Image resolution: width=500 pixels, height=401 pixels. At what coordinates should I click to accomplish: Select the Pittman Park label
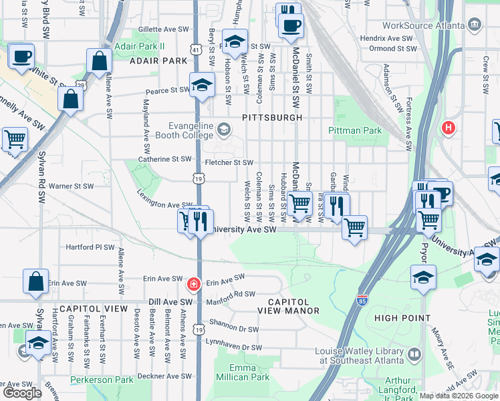click(355, 131)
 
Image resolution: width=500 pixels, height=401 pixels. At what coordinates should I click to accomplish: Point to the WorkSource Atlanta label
click(424, 25)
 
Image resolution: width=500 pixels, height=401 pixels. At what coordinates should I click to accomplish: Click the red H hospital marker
click(449, 127)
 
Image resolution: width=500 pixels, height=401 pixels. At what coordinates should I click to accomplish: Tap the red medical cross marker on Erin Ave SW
click(194, 284)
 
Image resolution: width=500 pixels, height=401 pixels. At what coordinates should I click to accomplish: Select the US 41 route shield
click(195, 49)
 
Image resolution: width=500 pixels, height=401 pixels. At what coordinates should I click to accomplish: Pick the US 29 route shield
click(80, 85)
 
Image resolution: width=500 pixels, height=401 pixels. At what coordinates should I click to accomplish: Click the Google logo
click(22, 393)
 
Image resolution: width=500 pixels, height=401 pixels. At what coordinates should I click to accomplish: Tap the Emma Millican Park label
click(242, 372)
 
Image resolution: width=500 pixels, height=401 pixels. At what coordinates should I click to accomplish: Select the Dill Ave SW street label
click(170, 302)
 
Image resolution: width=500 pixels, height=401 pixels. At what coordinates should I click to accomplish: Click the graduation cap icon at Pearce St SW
click(201, 85)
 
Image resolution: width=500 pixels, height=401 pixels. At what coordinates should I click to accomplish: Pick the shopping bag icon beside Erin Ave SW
click(36, 281)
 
